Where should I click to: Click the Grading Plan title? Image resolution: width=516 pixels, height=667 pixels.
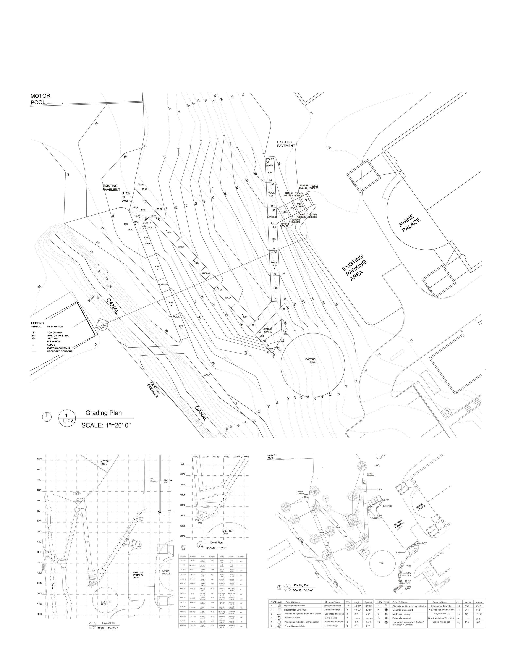(x=103, y=413)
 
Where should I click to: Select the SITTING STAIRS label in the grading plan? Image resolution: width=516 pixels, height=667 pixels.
(x=268, y=330)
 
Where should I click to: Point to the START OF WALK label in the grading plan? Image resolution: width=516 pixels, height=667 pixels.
(x=269, y=162)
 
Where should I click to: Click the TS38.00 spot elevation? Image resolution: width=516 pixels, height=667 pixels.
(x=314, y=186)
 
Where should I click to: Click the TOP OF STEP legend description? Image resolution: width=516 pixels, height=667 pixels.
(x=55, y=332)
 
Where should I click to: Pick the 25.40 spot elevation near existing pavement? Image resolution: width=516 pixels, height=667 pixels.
(x=141, y=185)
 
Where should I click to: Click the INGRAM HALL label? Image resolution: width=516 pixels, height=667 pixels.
(x=168, y=481)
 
